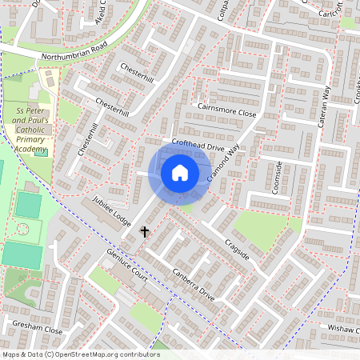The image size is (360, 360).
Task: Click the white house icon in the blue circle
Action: pyautogui.click(x=180, y=172)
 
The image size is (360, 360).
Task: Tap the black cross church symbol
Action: pyautogui.click(x=145, y=232)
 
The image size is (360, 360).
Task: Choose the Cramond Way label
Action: pyautogui.click(x=222, y=163)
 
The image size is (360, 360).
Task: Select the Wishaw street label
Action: pyautogui.click(x=339, y=328)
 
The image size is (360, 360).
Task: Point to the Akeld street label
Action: pyautogui.click(x=101, y=12)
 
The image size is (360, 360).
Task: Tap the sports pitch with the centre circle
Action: pyautogui.click(x=23, y=230)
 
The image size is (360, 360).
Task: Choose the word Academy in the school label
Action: pyautogui.click(x=26, y=148)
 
